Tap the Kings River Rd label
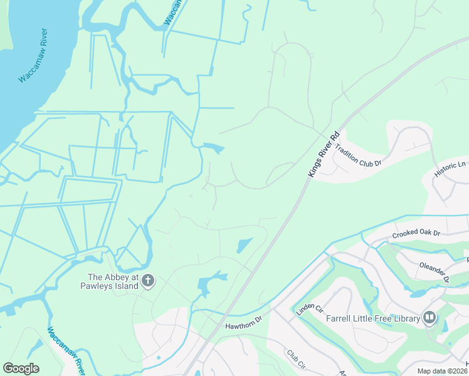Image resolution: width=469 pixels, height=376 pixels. coord(323,154)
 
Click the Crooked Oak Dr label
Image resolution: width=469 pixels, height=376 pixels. coord(416,234)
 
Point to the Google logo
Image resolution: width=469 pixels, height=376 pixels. coord(21,368)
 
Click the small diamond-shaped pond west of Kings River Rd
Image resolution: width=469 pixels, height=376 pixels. coord(245,245)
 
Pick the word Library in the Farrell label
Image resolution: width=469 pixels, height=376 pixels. coord(404,318)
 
